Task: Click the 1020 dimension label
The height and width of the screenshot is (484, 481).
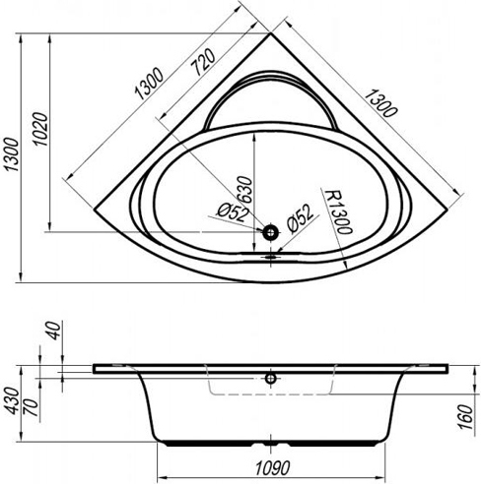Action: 40,129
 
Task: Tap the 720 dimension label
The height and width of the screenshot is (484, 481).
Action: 203,62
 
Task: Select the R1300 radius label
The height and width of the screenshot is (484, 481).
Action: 338,212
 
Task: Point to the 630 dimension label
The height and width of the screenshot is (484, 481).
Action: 245,190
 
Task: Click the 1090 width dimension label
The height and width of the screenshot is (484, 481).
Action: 272,467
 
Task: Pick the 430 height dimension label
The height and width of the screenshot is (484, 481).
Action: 12,401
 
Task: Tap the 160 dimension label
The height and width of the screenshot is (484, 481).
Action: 465,417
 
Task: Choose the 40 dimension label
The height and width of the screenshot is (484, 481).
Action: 53,331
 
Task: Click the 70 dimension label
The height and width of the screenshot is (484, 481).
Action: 32,406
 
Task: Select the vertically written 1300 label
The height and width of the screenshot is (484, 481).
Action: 12,154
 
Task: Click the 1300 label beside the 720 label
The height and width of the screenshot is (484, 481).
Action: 149,84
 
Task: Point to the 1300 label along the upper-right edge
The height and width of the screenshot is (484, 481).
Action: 380,103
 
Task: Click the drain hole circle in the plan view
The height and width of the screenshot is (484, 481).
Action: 270,232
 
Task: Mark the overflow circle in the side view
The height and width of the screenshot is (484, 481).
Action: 270,379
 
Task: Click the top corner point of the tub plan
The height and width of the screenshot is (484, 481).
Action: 271,33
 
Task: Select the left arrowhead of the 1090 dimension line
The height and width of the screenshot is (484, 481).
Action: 162,476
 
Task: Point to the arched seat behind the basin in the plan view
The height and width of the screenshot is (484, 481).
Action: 270,74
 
